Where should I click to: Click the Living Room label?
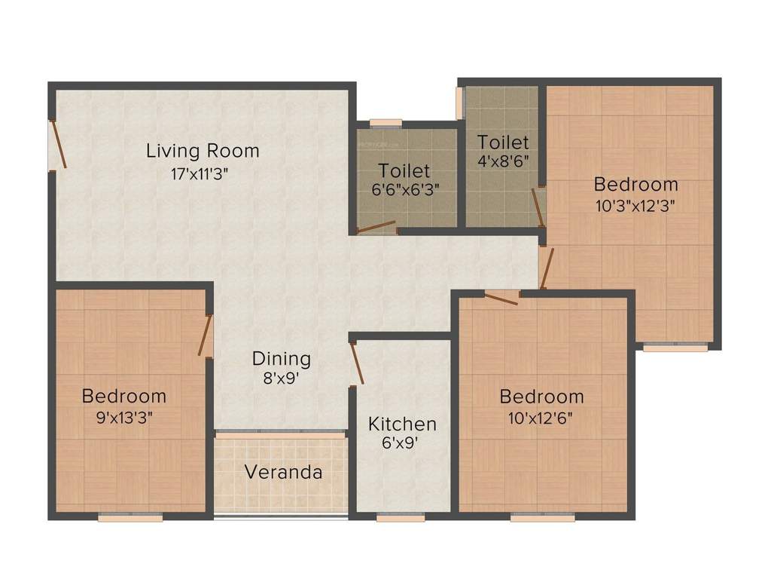(x=203, y=151)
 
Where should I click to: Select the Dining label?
(x=281, y=358)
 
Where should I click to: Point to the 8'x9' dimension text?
(x=282, y=379)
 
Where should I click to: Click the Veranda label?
(x=284, y=473)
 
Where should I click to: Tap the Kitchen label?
(x=402, y=424)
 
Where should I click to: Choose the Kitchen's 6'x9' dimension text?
(x=400, y=443)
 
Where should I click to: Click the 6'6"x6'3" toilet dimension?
(x=405, y=191)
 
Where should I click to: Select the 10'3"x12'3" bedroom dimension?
(x=635, y=206)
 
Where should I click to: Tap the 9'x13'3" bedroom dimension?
(x=123, y=416)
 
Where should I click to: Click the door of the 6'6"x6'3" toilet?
(x=376, y=227)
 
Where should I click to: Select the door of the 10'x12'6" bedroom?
(x=501, y=298)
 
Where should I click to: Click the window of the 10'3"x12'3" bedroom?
(x=675, y=348)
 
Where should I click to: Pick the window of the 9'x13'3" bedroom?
(x=130, y=518)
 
